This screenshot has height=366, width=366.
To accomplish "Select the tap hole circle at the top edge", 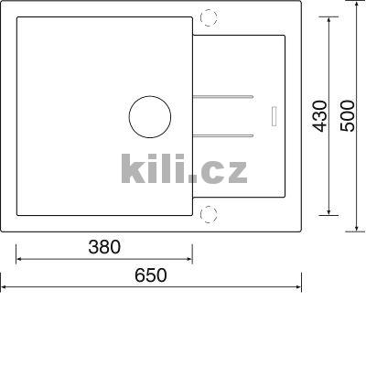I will pos(209,17).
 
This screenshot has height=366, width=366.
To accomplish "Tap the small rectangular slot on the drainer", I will pos(271,114).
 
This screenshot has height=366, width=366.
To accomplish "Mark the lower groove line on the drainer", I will pos(224,136).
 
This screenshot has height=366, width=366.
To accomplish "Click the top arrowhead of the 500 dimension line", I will pos(357,6).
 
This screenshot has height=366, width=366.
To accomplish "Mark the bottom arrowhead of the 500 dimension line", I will pos(357,225).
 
